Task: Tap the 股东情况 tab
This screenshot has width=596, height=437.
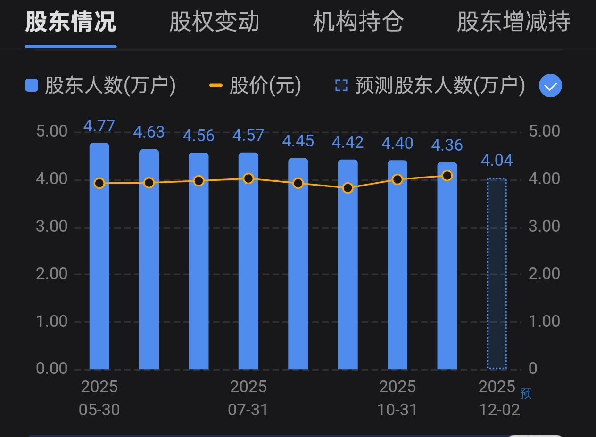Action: coord(71,22)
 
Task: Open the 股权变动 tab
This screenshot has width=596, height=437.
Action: coord(214,22)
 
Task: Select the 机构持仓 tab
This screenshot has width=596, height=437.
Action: coord(358,22)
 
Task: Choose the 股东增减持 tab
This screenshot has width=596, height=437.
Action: coord(513,22)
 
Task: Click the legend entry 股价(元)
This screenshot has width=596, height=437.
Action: coord(255,86)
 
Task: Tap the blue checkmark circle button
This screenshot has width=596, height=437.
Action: coord(550,86)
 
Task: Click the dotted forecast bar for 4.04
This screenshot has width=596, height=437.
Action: coord(497,273)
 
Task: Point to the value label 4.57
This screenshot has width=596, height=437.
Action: coord(248,136)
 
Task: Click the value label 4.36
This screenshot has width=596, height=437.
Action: coord(447,145)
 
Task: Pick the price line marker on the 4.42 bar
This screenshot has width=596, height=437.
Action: coord(348,188)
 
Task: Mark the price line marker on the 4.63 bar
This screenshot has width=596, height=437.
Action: coord(149,183)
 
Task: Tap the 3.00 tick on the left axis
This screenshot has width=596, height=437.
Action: coord(52,227)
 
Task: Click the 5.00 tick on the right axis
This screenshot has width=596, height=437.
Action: coord(544,131)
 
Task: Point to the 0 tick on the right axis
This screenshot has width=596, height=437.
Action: coord(533,368)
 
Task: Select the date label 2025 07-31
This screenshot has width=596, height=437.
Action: coord(248,398)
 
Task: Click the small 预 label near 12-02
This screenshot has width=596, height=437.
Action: coord(526,394)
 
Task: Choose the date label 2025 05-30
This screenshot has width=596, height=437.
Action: coord(99,398)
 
